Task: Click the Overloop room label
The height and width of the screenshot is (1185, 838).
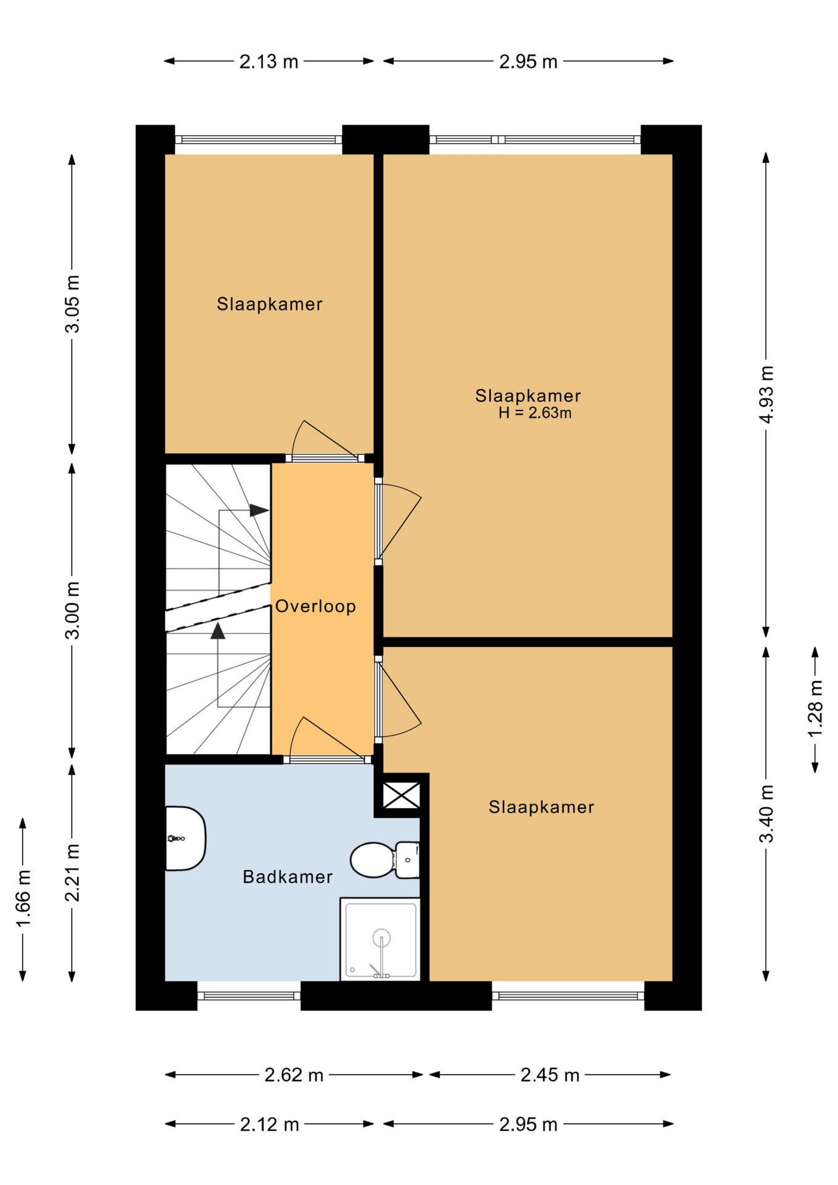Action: pos(315,606)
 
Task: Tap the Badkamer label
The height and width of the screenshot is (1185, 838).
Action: pos(288,876)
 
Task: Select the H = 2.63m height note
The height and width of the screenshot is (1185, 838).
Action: pos(535,413)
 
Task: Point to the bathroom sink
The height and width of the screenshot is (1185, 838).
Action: pos(185,838)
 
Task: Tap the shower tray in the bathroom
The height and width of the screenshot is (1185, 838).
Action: pos(380,939)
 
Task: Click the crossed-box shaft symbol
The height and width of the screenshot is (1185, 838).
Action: pos(402,796)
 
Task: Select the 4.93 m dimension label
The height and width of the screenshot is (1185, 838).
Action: pos(766,394)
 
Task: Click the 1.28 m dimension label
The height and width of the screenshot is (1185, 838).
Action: pos(815,708)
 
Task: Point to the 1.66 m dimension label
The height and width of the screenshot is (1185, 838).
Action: pos(23,899)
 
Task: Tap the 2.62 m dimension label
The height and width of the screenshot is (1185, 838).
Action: pos(294,1075)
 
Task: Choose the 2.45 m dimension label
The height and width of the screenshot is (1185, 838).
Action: pos(550,1075)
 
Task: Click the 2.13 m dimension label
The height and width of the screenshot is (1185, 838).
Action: pos(269,62)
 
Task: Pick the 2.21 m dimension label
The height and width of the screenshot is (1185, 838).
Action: pos(72,873)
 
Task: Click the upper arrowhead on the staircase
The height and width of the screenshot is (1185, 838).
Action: pos(259,510)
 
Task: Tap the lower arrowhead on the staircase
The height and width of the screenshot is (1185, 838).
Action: pos(218,630)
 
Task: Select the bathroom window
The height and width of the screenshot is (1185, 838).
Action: pos(249,996)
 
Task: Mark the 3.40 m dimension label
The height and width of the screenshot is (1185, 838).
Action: pos(766,813)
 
